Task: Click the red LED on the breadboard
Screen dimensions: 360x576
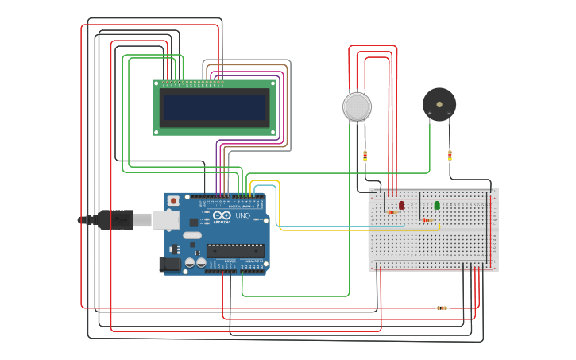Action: (401, 205)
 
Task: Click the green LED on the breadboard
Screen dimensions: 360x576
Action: (437, 205)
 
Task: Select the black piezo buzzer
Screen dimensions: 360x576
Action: (439, 104)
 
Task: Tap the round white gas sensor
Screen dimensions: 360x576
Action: (357, 106)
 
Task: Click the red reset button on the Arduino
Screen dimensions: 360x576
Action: (173, 201)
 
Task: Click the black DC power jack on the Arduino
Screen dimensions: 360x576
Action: (170, 265)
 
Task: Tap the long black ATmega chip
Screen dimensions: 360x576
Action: (235, 250)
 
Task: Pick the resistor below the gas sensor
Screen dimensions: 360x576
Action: (365, 155)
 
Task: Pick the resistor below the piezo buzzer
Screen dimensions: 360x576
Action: (450, 154)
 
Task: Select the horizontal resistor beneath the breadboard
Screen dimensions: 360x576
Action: (442, 308)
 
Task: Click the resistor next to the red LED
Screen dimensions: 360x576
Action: (392, 212)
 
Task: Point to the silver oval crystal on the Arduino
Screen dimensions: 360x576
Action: (193, 236)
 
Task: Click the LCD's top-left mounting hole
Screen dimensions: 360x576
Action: (157, 83)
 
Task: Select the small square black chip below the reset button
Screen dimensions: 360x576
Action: (193, 223)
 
